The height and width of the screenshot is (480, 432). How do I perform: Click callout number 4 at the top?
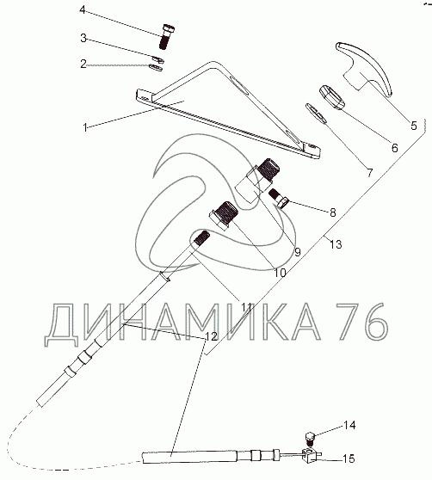83,9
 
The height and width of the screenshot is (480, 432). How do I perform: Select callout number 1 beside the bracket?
85,127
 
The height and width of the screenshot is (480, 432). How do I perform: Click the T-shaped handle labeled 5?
364,68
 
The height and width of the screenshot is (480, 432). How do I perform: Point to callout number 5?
414,126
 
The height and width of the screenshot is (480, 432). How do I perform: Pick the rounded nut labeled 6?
332,98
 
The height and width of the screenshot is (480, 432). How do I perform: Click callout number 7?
370,173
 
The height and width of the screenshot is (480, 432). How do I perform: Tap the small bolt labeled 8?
279,199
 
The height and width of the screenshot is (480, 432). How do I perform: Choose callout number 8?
333,212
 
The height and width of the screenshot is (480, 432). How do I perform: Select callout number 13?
336,244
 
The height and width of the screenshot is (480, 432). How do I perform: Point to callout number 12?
211,336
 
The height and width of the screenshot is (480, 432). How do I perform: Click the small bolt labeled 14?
311,438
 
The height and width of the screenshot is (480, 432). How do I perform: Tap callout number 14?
349,426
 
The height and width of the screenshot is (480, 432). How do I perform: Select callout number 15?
349,458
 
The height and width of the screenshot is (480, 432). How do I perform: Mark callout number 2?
83,64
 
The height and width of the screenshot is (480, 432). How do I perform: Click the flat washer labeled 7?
317,114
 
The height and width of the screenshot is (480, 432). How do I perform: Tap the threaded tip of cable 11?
201,238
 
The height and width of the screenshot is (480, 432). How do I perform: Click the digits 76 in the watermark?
362,322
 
